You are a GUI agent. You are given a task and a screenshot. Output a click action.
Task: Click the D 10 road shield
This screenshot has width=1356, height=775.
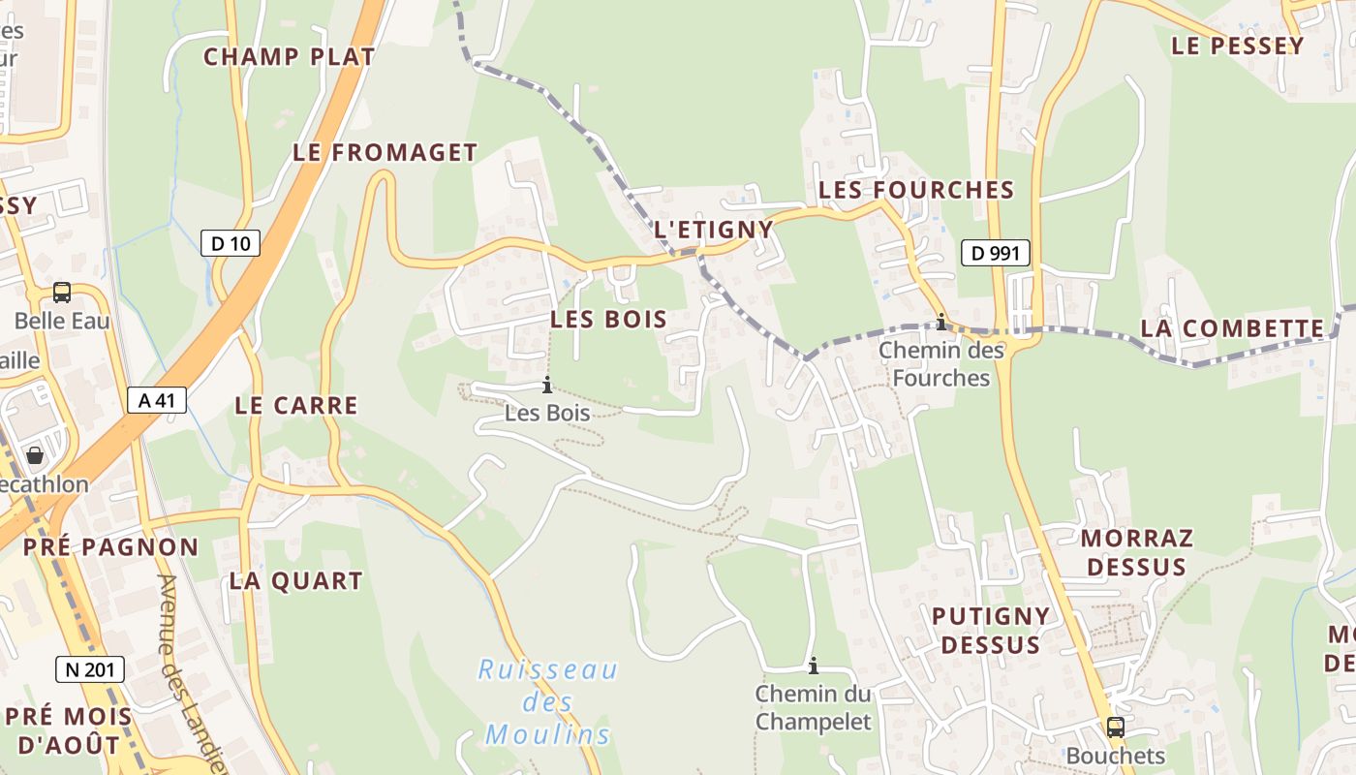click(231, 243)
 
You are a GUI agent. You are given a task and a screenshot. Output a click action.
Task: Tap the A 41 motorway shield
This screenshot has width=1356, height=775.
click(156, 400)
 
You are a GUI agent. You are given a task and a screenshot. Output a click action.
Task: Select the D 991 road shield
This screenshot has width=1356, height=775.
click(995, 254)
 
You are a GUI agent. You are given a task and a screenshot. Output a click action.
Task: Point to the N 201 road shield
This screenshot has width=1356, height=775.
click(90, 668)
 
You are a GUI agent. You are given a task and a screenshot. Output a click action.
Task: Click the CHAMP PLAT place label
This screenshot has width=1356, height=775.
click(289, 57)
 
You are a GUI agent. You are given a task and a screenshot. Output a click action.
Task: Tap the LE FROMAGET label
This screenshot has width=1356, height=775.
click(385, 153)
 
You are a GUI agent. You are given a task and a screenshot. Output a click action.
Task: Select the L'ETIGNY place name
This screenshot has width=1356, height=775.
click(714, 230)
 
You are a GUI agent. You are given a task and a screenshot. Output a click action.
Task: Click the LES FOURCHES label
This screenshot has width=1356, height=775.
click(915, 190)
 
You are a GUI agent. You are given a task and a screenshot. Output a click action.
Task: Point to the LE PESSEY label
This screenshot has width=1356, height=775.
click(1237, 46)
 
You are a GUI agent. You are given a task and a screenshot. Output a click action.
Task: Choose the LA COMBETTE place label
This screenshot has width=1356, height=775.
click(1231, 328)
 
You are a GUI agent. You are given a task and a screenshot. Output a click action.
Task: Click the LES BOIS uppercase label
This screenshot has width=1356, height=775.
click(608, 319)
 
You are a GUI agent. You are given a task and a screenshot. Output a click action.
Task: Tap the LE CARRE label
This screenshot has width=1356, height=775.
click(295, 406)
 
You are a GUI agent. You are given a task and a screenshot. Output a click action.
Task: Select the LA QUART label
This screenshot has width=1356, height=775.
click(295, 581)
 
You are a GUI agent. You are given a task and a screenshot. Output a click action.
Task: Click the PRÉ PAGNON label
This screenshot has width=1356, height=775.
click(110, 547)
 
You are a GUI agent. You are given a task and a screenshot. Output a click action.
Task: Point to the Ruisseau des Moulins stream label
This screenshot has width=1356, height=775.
click(548, 701)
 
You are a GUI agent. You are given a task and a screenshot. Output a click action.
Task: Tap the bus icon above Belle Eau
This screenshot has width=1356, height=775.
click(62, 292)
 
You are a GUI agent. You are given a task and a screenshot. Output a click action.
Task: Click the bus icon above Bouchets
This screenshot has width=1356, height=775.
click(1115, 727)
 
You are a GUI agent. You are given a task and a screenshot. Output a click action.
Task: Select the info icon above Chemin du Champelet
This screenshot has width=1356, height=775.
click(814, 666)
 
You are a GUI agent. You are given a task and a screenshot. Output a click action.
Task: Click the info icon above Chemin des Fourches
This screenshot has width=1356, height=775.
click(940, 322)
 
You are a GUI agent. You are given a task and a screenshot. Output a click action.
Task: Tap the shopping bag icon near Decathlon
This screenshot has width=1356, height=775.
click(35, 454)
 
